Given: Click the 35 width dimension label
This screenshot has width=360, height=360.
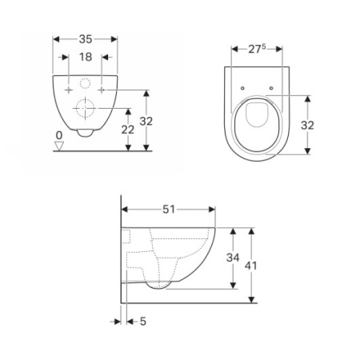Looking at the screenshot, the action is click(x=86, y=39).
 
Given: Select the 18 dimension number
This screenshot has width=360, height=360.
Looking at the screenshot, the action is click(x=86, y=57).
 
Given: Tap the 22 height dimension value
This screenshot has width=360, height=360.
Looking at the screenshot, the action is click(x=128, y=130).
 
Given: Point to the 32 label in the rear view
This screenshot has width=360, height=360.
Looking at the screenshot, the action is click(x=146, y=122).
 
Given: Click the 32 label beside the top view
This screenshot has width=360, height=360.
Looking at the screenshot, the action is click(x=307, y=125).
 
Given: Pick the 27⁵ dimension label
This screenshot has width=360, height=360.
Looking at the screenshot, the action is click(x=257, y=49).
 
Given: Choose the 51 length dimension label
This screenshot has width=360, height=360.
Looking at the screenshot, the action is click(x=169, y=210).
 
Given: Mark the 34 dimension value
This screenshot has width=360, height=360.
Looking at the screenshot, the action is click(x=233, y=258).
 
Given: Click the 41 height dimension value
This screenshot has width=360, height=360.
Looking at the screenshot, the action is click(x=250, y=266).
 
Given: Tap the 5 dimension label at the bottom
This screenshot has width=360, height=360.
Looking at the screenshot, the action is click(x=143, y=322).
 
